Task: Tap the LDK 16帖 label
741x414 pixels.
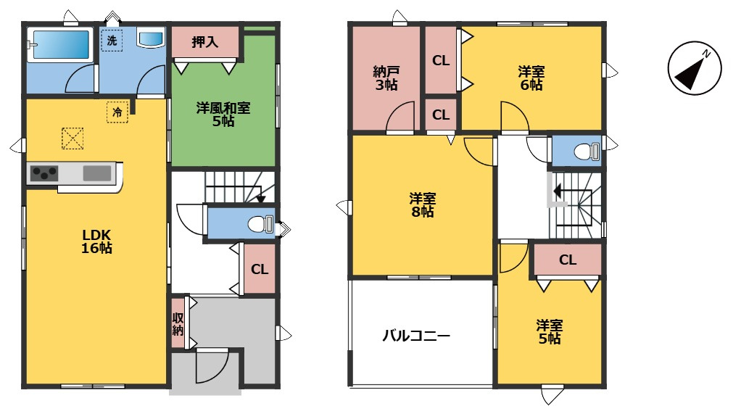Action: (96, 241)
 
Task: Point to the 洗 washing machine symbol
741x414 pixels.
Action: (112, 41)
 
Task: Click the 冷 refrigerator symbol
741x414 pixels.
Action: (117, 112)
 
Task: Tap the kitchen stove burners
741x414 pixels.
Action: (44, 173)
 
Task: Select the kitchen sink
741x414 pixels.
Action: (97, 173)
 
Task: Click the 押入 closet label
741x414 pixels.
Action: (205, 43)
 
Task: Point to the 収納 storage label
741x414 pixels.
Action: (178, 323)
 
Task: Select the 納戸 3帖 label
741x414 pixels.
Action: (385, 78)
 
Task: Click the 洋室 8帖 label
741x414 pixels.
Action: (422, 205)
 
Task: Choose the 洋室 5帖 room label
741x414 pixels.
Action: (549, 332)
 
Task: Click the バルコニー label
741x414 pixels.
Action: (416, 336)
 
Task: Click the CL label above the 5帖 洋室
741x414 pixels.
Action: (568, 260)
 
